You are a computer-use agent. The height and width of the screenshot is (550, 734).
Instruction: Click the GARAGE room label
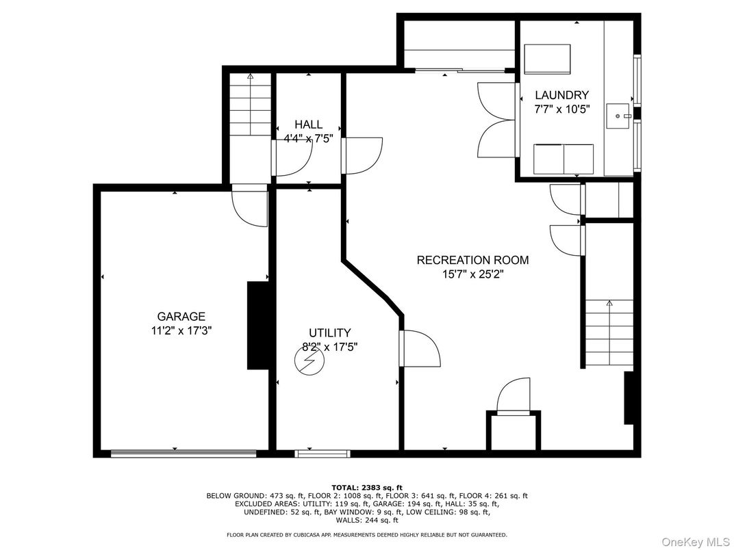pos(181,317)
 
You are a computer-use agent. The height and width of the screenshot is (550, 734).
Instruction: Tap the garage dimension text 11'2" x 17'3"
pos(181,330)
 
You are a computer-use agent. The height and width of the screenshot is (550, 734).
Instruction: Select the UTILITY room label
pos(329,333)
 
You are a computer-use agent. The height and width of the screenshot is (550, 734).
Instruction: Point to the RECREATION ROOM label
pos(472,260)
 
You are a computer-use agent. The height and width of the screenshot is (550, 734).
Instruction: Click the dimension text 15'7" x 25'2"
pos(472,274)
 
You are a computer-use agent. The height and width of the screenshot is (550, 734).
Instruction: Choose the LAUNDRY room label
pos(561,95)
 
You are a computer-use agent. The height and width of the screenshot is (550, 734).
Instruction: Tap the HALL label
pos(308,124)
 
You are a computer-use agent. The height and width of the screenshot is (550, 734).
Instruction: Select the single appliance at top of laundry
pos(547,60)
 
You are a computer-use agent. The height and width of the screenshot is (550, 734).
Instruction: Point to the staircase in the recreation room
pos(609,334)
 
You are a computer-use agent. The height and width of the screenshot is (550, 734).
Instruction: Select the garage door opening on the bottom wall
pos(183,452)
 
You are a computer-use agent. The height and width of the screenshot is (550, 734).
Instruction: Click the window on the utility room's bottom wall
pos(322,453)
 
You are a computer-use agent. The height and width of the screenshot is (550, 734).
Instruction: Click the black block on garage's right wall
pos(257,326)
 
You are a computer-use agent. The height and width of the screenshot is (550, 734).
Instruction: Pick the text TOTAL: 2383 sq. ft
pos(366,486)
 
